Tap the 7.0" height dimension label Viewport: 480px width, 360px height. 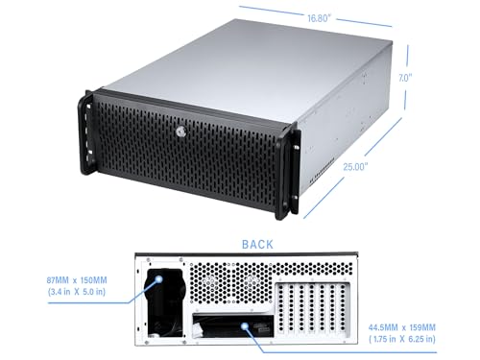pyautogui.click(x=433, y=75)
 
